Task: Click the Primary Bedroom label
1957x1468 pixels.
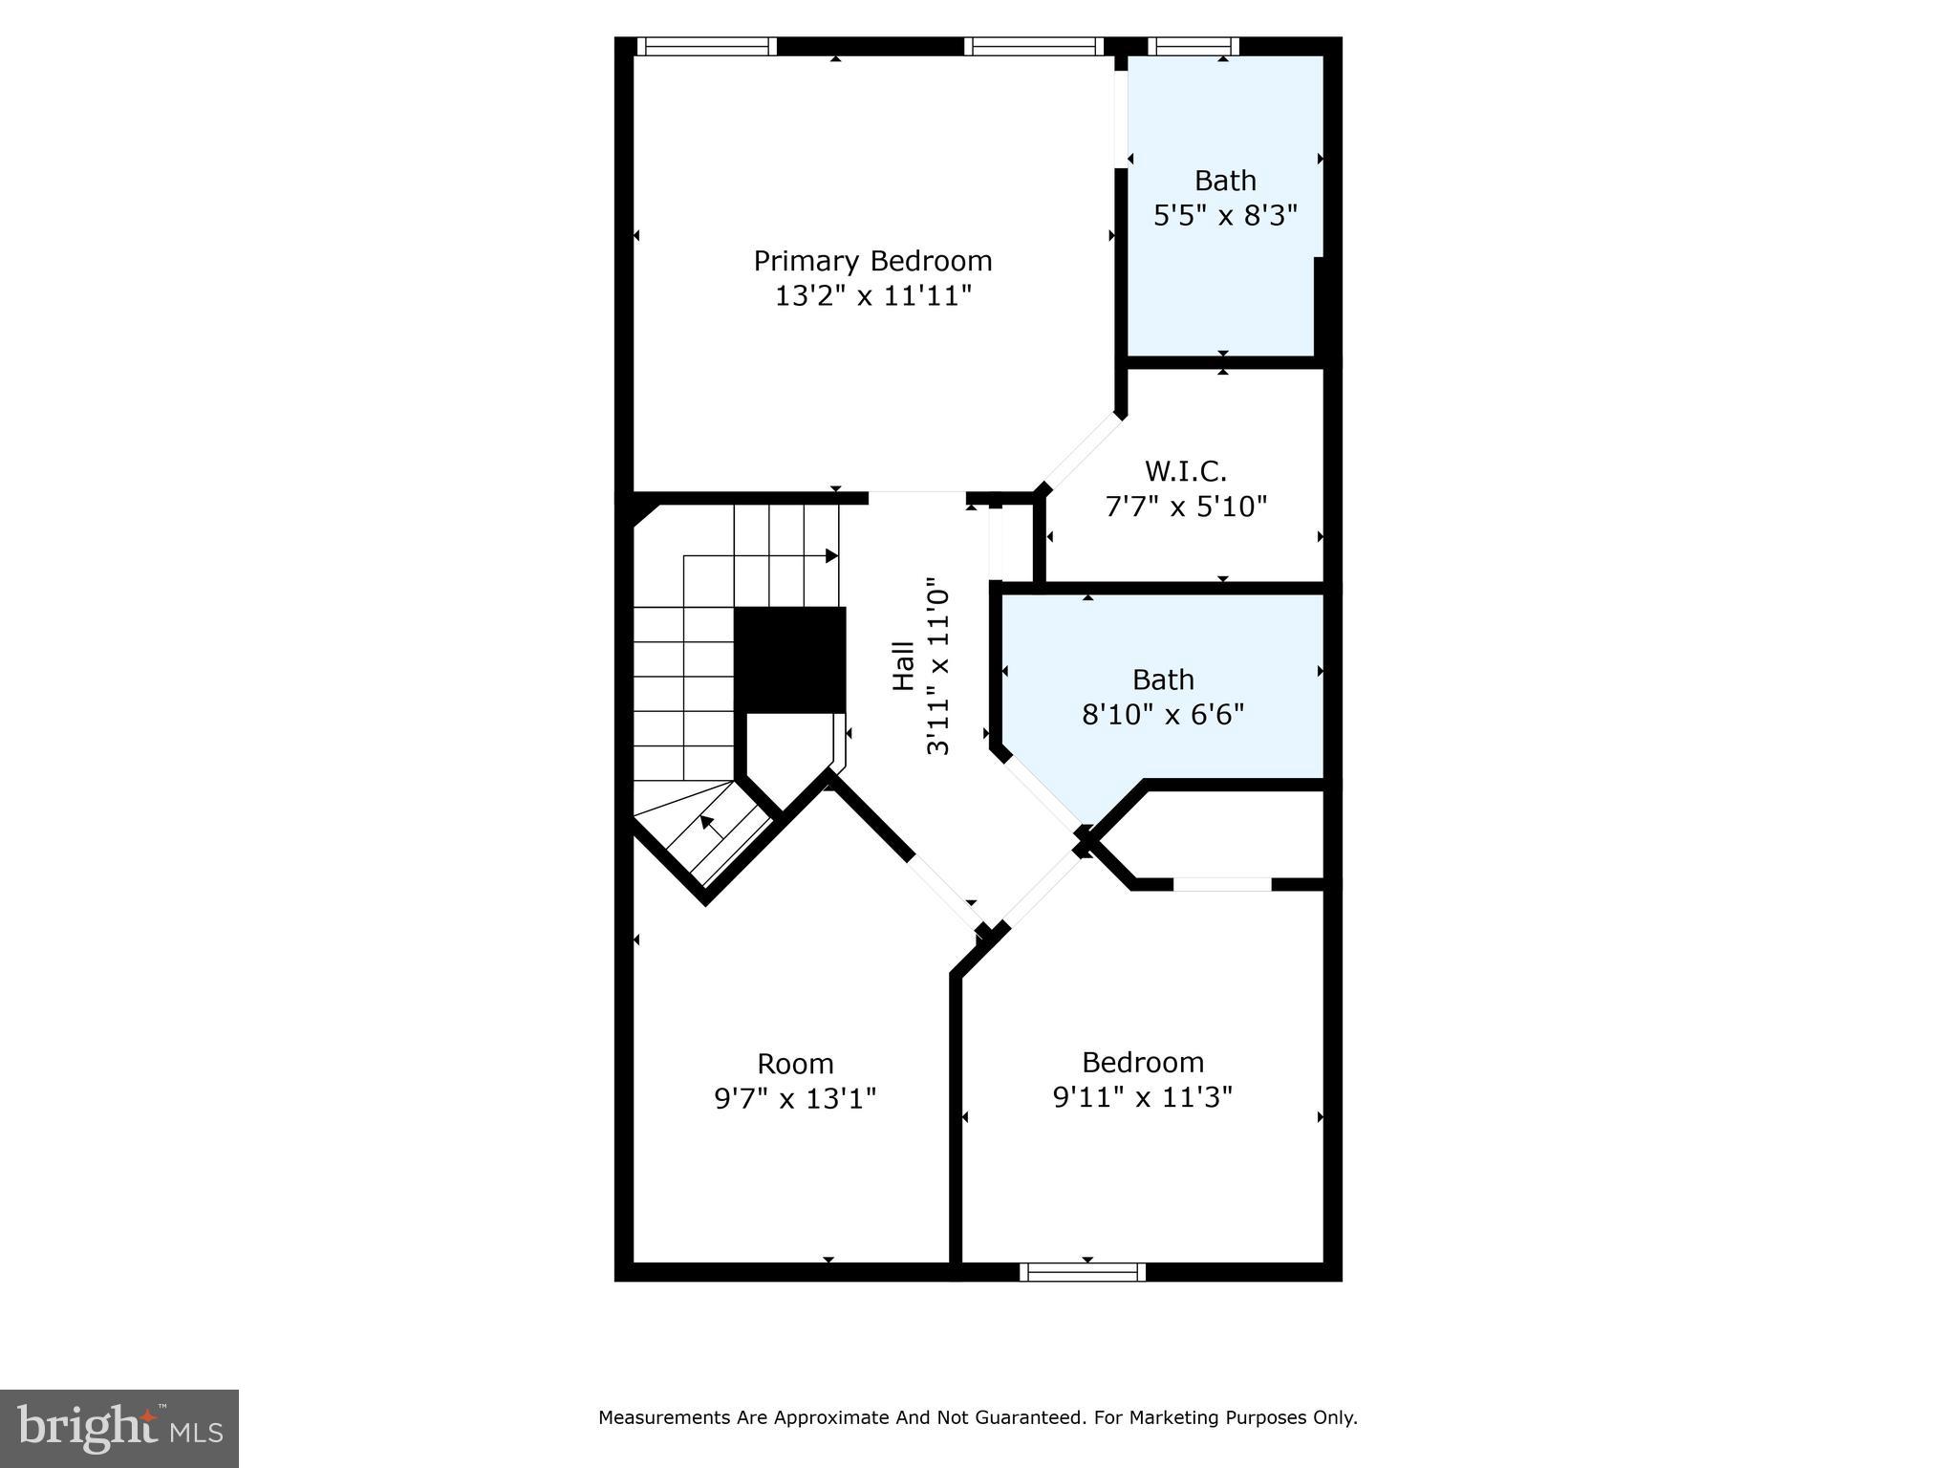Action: tap(872, 261)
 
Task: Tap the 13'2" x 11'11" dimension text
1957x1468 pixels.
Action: tap(872, 296)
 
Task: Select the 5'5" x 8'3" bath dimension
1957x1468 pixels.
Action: tap(1225, 216)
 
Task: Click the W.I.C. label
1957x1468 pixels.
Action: tap(1185, 471)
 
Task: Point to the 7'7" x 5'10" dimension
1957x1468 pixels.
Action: tap(1186, 507)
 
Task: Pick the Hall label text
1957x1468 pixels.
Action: tap(903, 666)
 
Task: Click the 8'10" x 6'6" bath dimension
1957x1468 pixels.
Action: tap(1163, 715)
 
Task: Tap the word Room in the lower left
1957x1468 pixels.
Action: tap(795, 1064)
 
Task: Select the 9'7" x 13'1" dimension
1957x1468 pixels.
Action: tap(795, 1099)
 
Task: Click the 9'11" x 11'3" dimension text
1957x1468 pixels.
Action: tap(1143, 1097)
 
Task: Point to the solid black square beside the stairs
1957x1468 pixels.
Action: tap(790, 659)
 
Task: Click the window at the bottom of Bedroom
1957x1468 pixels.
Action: tap(1082, 1271)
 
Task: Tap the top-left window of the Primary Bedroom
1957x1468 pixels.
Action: tap(706, 46)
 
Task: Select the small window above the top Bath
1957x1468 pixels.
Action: tap(1193, 46)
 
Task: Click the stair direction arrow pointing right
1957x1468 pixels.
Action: tap(830, 555)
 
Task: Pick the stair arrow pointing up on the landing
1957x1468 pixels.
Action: tap(706, 821)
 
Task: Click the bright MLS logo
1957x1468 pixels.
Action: tap(119, 1428)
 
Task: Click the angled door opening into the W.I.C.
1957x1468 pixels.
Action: tap(1083, 451)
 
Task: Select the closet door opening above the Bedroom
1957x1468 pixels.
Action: tap(1222, 884)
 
